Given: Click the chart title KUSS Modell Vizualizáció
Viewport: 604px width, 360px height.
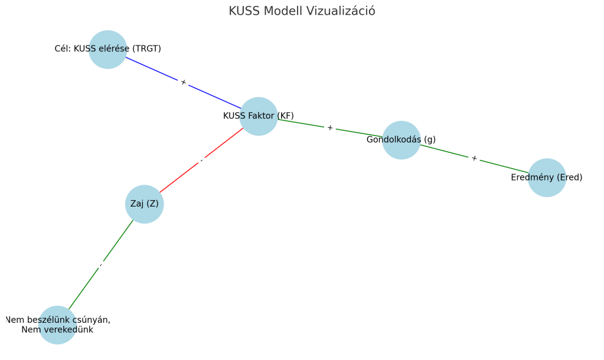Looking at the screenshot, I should [302, 11].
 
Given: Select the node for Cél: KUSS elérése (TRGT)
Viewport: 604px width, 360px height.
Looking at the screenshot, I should [108, 50].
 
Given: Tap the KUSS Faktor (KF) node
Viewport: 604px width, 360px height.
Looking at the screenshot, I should [259, 116].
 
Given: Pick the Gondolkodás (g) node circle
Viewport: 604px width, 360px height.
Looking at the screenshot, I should [401, 140].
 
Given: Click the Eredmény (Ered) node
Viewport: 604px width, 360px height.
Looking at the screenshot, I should [547, 178].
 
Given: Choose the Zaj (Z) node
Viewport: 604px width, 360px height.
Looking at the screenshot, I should [145, 204].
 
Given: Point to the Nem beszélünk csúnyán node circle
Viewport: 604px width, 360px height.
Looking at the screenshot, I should [57, 325].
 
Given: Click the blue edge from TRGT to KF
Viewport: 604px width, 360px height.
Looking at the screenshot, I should [154, 70].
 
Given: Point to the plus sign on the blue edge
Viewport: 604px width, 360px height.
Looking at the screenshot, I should [184, 83].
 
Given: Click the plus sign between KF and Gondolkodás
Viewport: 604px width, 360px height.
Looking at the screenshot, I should [330, 128].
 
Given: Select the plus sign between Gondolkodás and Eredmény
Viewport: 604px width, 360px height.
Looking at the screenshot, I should [474, 158].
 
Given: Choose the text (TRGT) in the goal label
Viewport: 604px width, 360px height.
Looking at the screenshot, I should [146, 49].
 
